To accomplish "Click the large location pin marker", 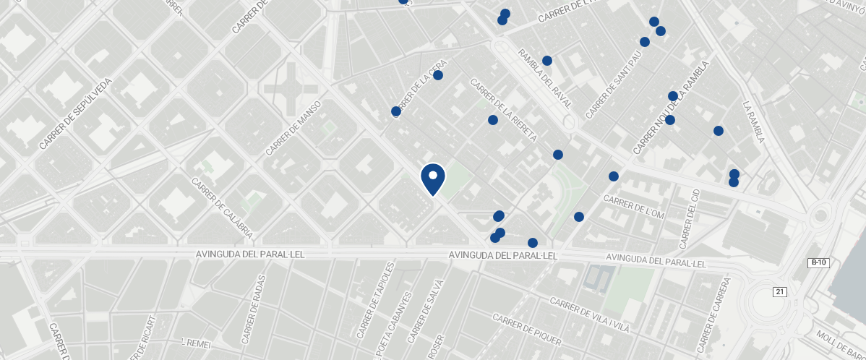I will pyautogui.click(x=433, y=179).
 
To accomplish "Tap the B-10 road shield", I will pyautogui.click(x=818, y=263).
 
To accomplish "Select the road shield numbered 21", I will pyautogui.click(x=779, y=291).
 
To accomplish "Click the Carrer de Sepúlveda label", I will pyautogui.click(x=76, y=114).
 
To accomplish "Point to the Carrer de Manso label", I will pyautogui.click(x=293, y=129).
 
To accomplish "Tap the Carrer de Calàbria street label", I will pyautogui.click(x=222, y=209).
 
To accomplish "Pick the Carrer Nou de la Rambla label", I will pyautogui.click(x=672, y=108).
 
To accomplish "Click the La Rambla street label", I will pyautogui.click(x=754, y=122).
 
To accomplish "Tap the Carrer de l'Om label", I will pyautogui.click(x=633, y=207).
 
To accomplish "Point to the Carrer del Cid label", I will pyautogui.click(x=691, y=215).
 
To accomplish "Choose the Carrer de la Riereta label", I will pyautogui.click(x=504, y=111).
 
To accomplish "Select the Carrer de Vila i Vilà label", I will pyautogui.click(x=589, y=315).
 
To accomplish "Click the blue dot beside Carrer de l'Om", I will pyautogui.click(x=614, y=176).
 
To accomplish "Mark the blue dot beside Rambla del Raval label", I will pyautogui.click(x=547, y=61).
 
